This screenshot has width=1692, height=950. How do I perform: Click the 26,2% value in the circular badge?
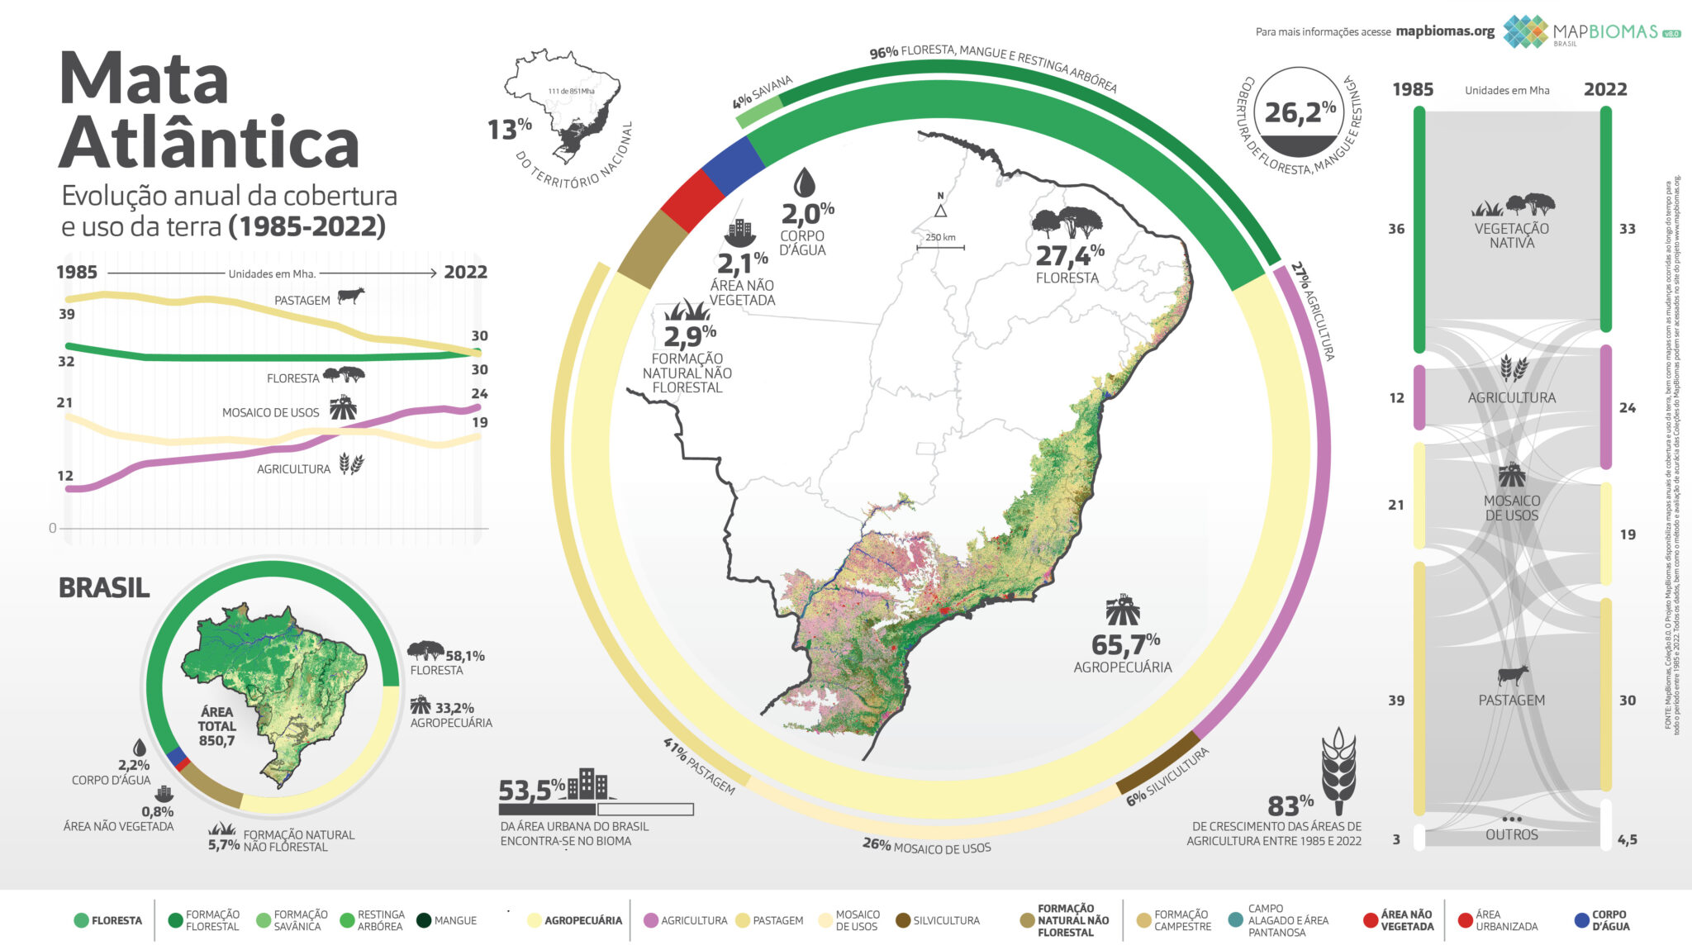(x=1300, y=112)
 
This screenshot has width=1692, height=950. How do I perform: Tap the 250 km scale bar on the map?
(x=940, y=246)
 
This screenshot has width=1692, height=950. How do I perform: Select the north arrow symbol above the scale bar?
(x=940, y=210)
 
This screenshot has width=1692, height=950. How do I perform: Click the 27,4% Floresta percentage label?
(x=1069, y=256)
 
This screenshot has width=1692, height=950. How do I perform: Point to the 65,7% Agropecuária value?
(x=1125, y=644)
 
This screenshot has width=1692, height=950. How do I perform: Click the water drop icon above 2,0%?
(x=804, y=183)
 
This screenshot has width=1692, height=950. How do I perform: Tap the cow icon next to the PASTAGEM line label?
(x=351, y=296)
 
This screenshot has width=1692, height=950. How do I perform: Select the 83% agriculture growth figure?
(x=1290, y=805)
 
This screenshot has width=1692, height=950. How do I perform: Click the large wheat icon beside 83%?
(x=1338, y=766)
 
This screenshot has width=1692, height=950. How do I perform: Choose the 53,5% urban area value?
(x=531, y=791)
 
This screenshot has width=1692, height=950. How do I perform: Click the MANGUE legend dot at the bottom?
(x=424, y=920)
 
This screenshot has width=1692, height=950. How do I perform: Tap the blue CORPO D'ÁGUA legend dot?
(x=1581, y=920)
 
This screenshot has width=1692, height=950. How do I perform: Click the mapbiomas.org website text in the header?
(x=1445, y=31)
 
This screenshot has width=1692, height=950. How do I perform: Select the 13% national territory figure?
(x=509, y=130)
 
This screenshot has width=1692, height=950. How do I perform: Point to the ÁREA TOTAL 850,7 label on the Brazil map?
(x=216, y=726)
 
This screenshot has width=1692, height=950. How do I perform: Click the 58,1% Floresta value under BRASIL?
(x=465, y=656)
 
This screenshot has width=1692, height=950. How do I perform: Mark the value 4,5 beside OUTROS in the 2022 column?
(x=1627, y=840)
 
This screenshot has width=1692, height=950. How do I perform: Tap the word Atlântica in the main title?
(x=209, y=143)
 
